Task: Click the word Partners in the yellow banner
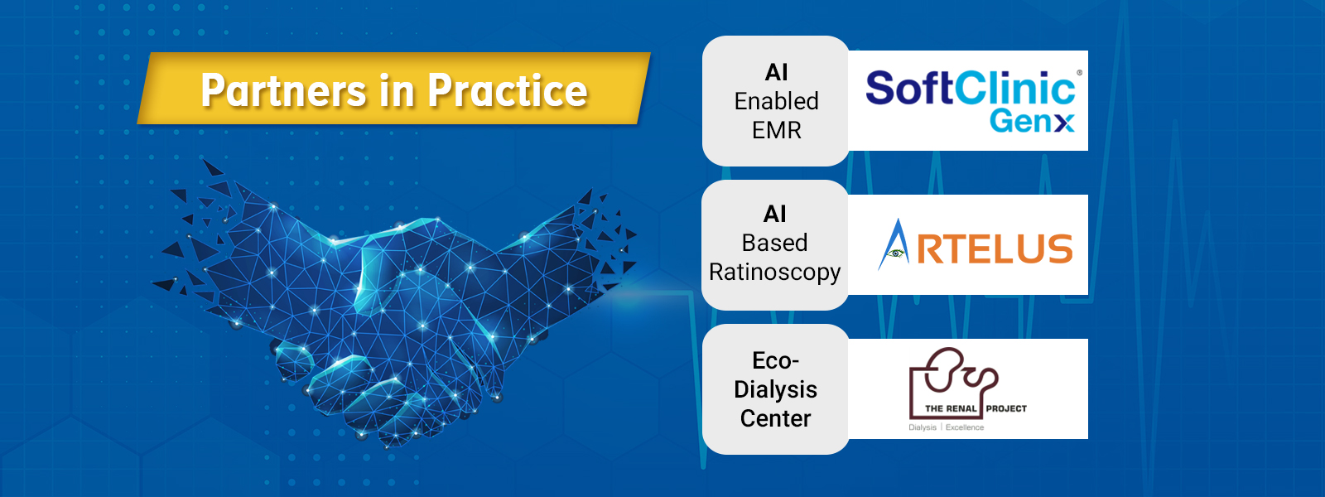[x=283, y=90]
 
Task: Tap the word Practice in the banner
[x=508, y=90]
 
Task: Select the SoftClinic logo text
[x=970, y=88]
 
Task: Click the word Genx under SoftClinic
[x=1032, y=121]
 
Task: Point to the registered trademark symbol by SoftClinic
[x=1080, y=73]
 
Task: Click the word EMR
[x=776, y=130]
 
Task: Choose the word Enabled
[x=776, y=101]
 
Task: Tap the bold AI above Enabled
[x=776, y=72]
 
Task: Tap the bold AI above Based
[x=775, y=215]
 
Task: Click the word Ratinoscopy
[x=775, y=273]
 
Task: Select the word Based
[x=775, y=243]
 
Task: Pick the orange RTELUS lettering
[x=995, y=248]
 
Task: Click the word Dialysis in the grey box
[x=775, y=389]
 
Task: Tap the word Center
[x=775, y=418]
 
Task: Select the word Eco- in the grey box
[x=775, y=360]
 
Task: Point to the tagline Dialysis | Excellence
[x=947, y=427]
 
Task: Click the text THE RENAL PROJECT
[x=976, y=408]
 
